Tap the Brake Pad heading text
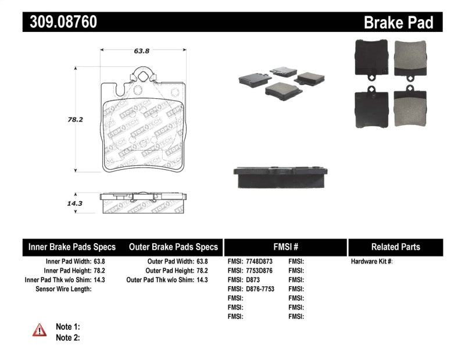[398, 23]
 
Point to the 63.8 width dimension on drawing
[142, 51]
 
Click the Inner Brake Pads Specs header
[71, 247]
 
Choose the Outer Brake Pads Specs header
[173, 247]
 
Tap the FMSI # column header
[285, 247]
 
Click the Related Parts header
[395, 247]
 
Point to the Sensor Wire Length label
[63, 288]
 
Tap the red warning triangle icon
[39, 330]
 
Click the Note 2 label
[67, 337]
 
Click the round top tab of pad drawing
[142, 75]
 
